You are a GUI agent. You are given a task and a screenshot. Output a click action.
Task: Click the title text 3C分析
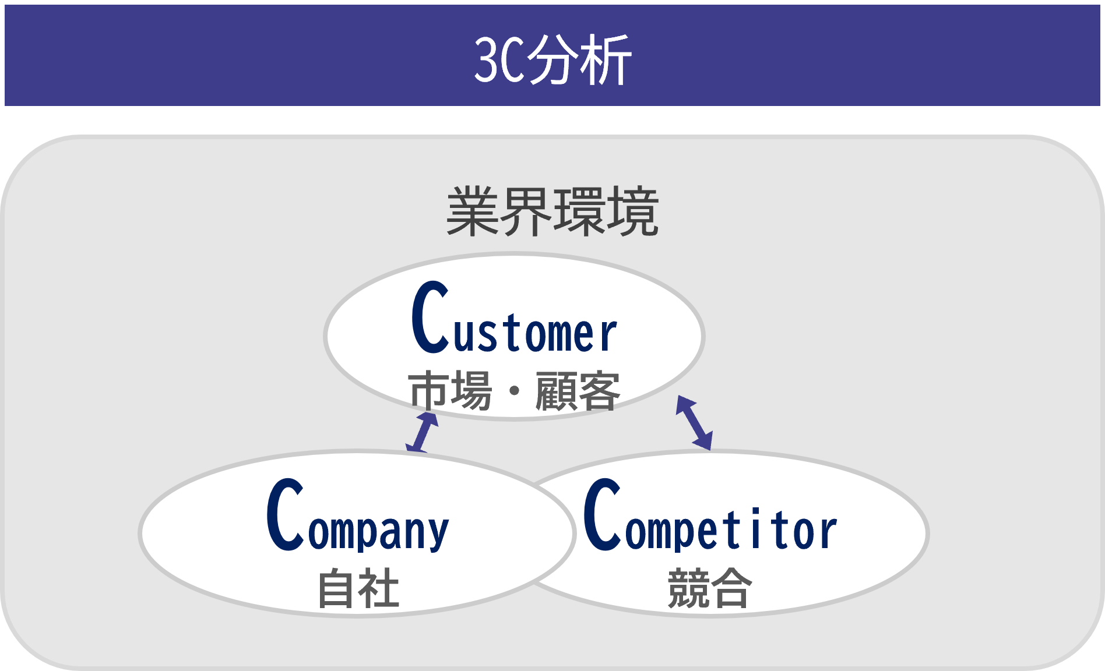pos(552,59)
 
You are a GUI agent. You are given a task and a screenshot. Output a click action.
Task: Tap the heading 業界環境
pos(552,212)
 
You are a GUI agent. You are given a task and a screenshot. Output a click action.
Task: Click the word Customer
pos(514,319)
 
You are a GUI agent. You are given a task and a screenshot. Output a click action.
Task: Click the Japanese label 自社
pos(358,589)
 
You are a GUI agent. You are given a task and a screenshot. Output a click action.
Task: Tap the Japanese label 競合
pos(709,589)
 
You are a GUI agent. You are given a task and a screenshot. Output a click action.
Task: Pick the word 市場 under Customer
pos(450,391)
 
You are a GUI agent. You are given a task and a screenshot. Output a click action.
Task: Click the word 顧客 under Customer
pos(578,391)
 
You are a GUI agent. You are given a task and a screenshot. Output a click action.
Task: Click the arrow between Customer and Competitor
pos(694,423)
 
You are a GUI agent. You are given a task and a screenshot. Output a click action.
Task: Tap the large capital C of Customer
pos(430,317)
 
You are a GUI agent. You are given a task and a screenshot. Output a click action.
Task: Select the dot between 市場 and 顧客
pos(514,391)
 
